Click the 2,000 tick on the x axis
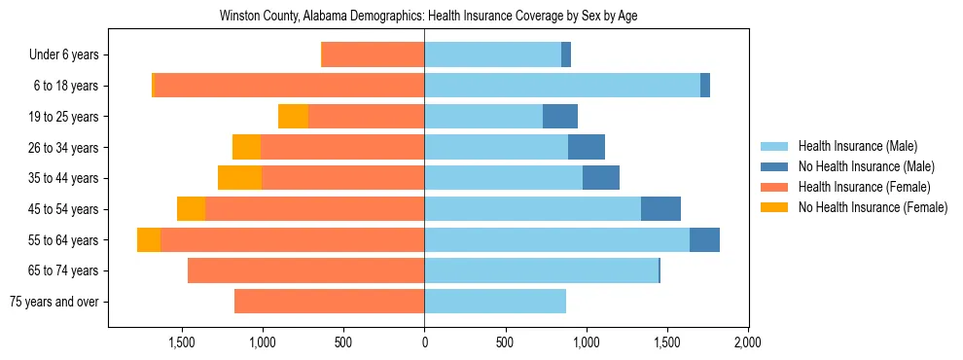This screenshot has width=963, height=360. tap(747, 342)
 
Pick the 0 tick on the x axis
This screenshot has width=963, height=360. tap(424, 342)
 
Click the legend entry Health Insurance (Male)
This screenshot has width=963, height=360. tap(857, 146)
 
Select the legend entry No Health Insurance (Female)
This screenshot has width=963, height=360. tap(873, 207)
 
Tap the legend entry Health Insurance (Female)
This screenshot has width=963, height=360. tap(864, 187)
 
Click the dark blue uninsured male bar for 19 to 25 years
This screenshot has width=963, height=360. tap(560, 117)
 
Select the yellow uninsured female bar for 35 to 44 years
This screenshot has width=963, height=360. tap(239, 178)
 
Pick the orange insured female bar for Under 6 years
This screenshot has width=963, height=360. tap(373, 55)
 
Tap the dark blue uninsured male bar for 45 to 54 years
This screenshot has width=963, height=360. tap(660, 209)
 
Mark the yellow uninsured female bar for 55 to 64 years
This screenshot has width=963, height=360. tap(149, 240)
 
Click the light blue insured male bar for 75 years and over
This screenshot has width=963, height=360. tap(495, 302)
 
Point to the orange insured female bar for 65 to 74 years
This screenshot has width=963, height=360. tap(305, 270)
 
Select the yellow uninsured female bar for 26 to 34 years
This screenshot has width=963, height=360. tap(246, 148)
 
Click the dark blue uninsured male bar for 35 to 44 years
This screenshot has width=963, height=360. tap(601, 178)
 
